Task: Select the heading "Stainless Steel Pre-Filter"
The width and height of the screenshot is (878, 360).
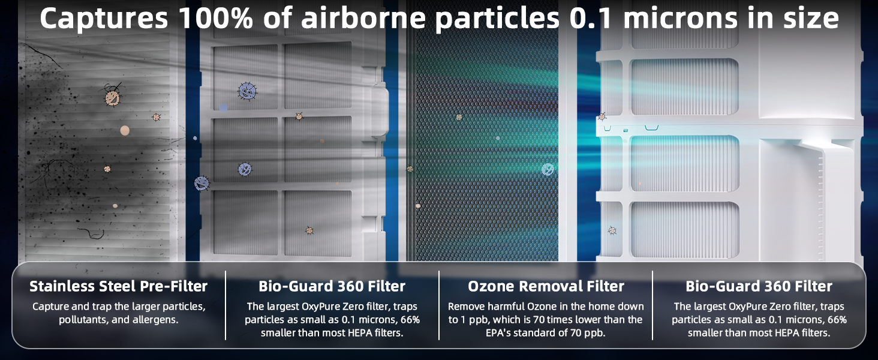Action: (x=119, y=286)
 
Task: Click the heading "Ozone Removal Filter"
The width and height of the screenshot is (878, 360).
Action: (x=546, y=287)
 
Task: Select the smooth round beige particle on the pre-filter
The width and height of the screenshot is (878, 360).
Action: (x=125, y=130)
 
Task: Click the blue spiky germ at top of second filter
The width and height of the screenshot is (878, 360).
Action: (x=247, y=91)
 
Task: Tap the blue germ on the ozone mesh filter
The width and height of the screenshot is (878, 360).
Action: (x=548, y=169)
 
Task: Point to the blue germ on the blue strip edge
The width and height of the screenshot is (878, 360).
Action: (x=202, y=183)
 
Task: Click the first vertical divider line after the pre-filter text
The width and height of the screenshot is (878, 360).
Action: (x=225, y=305)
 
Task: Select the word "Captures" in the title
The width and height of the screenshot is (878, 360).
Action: (x=103, y=19)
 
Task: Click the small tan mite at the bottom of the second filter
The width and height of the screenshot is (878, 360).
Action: (x=309, y=230)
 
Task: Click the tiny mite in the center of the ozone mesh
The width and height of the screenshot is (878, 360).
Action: (x=459, y=118)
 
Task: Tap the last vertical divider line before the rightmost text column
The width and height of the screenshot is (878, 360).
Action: (x=653, y=305)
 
